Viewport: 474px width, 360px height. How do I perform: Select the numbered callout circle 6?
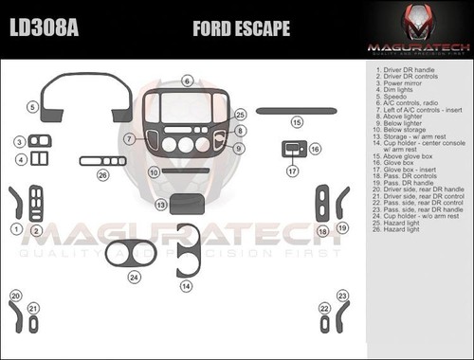188,81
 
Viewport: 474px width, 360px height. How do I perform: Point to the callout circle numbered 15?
297,122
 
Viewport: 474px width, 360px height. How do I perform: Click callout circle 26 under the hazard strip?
102,174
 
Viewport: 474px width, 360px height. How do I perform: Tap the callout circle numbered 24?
135,278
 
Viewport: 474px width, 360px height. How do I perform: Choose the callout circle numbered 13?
162,205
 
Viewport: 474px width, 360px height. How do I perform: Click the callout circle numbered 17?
293,171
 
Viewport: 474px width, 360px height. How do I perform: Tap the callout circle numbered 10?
154,172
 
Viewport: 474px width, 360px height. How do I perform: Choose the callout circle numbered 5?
32,109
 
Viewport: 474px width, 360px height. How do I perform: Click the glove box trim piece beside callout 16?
291,149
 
